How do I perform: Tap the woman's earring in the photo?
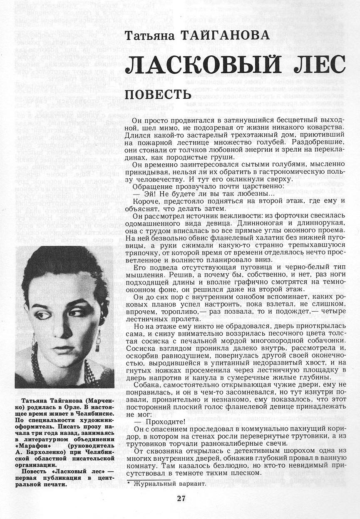pos(98,337)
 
